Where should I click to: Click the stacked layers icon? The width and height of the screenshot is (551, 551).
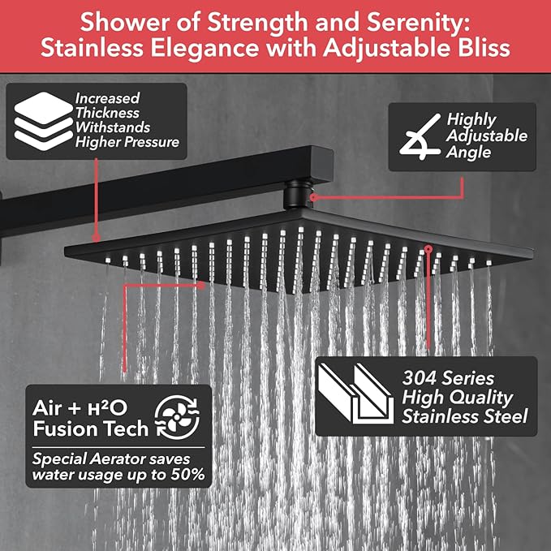pos(38,121)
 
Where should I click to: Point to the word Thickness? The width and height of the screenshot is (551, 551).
pos(108,113)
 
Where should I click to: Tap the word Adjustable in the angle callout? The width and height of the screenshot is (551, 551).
pos(488,136)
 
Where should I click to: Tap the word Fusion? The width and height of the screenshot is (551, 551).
pos(68,428)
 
